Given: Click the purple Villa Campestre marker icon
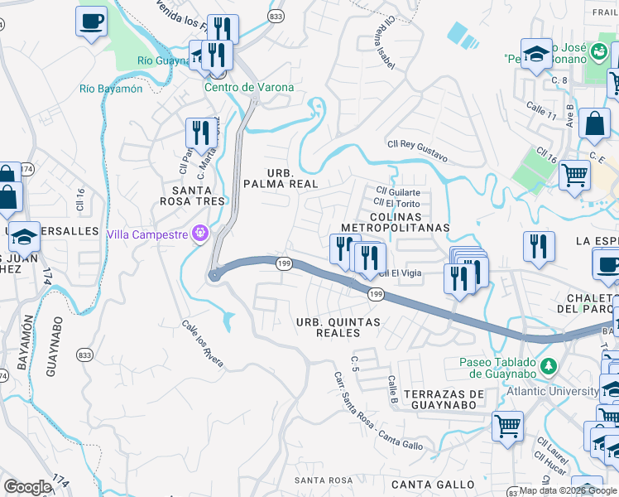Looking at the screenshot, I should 199,234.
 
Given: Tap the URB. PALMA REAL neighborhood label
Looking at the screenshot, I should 281,176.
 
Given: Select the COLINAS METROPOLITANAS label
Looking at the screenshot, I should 395,220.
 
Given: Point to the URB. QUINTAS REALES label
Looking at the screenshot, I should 339,327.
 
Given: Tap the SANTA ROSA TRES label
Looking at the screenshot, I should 193,195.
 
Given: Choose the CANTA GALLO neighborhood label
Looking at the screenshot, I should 433,484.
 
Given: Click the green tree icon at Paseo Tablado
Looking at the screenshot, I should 547,365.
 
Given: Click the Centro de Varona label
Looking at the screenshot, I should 240,88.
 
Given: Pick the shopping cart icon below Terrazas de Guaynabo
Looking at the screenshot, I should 507,426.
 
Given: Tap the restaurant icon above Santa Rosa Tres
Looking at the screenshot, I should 201,132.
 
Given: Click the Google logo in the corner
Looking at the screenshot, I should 27,487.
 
